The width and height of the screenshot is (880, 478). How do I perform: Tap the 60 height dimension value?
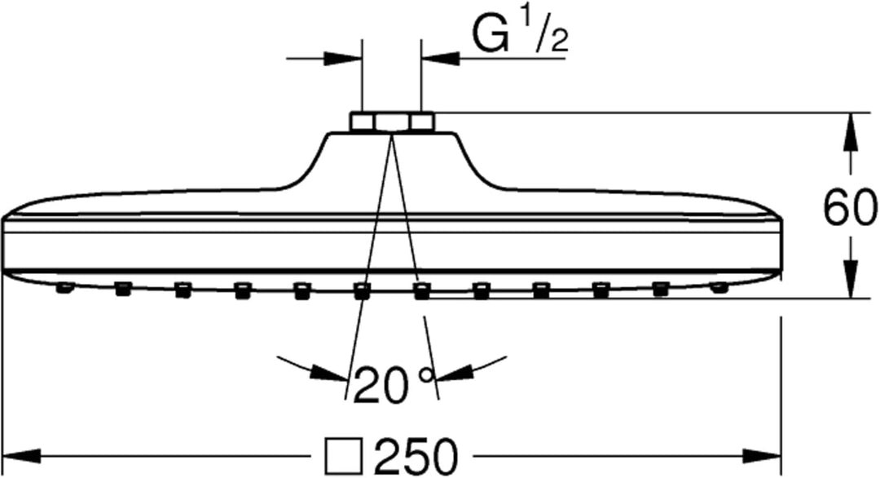849,209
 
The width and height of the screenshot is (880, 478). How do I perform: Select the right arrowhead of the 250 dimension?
766,454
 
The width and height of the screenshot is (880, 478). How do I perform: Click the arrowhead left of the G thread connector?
345,59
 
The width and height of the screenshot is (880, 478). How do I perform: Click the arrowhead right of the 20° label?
452,374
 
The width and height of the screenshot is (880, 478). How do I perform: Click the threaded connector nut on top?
391,122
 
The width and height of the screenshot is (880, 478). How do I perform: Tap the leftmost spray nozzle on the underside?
64,286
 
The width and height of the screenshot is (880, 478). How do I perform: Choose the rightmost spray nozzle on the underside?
719,287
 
